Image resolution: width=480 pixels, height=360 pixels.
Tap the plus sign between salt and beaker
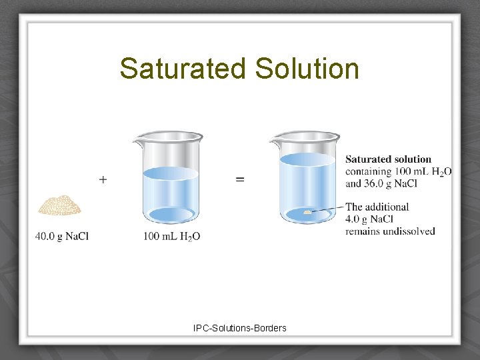pos(103,179)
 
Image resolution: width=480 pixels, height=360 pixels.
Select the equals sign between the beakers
pos(240,179)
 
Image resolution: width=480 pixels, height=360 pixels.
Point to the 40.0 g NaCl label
pos(62,236)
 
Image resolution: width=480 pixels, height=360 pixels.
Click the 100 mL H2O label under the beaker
pos(171,236)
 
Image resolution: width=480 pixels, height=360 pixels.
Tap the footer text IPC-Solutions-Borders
pos(240,328)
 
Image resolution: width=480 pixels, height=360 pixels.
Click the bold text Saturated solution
pos(388,159)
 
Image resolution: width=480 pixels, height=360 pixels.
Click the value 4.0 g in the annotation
pos(360,219)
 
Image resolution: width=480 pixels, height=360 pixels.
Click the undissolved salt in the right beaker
pos(307,212)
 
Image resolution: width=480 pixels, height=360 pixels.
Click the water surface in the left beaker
pos(171,173)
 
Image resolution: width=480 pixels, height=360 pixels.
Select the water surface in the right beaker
pos(307,159)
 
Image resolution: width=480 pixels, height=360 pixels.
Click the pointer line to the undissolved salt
pos(328,209)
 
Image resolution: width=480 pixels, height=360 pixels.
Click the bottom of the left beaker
pos(171,215)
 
